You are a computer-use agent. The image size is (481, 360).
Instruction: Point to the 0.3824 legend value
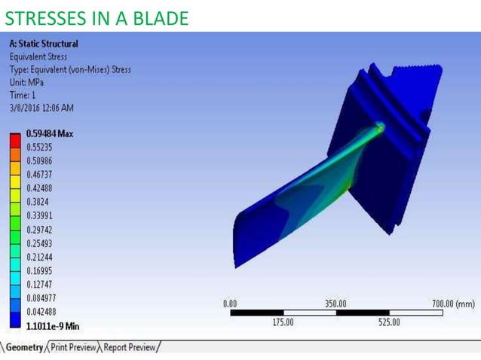pos(38,202)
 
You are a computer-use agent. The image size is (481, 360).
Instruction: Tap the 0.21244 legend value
pos(41,257)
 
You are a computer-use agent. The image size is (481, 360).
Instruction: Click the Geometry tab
pos(23,347)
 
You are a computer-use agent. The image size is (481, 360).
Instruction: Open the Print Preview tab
pos(73,347)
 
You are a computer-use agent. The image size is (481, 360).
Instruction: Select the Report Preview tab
pos(130,347)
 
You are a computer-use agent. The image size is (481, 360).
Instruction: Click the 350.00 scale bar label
pos(336,304)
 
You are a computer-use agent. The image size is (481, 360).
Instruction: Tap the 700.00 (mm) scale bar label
pos(453,304)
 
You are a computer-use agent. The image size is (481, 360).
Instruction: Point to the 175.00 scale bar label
pos(283,322)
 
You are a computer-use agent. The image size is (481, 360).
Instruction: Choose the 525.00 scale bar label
pos(389,322)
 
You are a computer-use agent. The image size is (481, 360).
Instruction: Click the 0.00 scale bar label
pos(231,304)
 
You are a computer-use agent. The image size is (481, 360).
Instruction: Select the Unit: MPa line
pos(27,83)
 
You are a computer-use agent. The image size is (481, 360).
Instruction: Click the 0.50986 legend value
pos(41,161)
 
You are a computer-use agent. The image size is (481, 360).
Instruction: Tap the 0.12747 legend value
pos(41,285)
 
